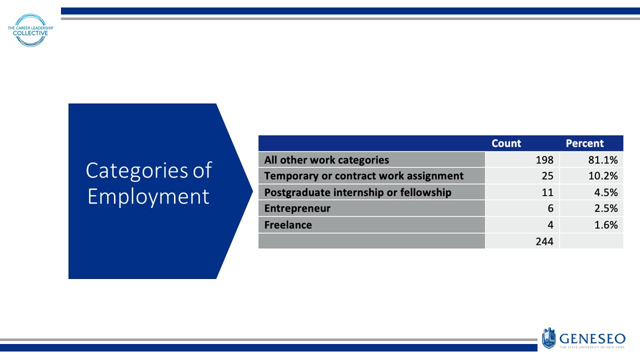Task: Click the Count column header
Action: point(506,143)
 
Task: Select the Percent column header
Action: point(584,143)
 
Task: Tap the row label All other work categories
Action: point(326,160)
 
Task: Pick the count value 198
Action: point(544,160)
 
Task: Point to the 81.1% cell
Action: point(603,160)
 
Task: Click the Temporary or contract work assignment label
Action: point(363,176)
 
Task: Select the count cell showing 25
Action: point(547,176)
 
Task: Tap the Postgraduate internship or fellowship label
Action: point(357,192)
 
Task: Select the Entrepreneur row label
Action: point(297,208)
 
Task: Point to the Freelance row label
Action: point(288,225)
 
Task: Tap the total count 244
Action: point(544,241)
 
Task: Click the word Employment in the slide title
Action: point(148,196)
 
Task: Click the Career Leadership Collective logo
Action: point(30,30)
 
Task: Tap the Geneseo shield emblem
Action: point(548,337)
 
